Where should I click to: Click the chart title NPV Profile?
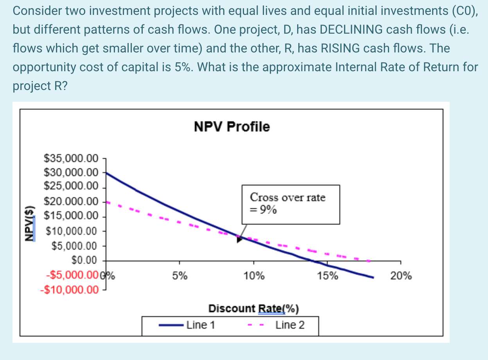click(232, 127)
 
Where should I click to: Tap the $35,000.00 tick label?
click(71, 158)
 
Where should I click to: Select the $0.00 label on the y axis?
click(84, 260)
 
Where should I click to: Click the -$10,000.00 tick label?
click(69, 290)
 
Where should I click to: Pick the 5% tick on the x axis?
click(180, 276)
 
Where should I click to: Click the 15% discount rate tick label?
click(327, 276)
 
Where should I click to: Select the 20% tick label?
click(401, 276)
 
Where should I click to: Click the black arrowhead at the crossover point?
click(240, 239)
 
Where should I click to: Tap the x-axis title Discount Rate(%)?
click(253, 309)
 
